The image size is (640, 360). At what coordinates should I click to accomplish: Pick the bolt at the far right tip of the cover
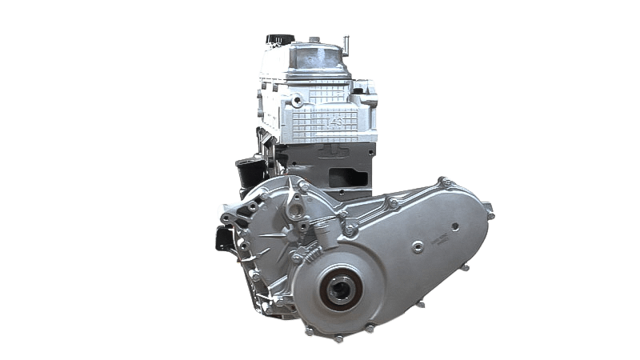(490, 212)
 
